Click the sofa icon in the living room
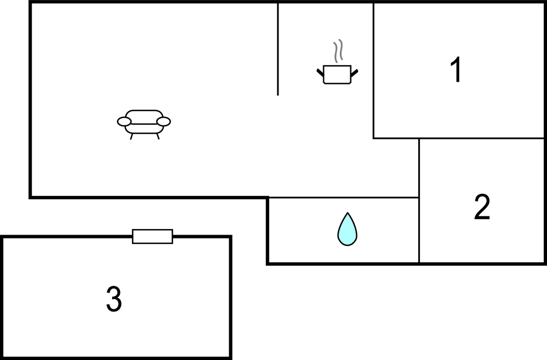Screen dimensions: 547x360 (144, 124)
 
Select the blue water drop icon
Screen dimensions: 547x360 (348, 229)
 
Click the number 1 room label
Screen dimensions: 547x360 (456, 70)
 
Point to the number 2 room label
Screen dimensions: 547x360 (482, 207)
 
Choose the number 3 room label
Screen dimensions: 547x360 (114, 299)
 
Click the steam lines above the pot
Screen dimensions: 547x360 (338, 51)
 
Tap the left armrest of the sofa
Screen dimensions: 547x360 (124, 121)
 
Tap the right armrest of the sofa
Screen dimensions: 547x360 (164, 121)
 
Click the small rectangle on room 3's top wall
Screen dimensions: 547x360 (152, 236)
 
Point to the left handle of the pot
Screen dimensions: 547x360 (320, 72)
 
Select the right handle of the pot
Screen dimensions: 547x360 (354, 72)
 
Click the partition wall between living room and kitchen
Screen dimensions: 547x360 (278, 49)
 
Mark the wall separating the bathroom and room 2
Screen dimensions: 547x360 (419, 230)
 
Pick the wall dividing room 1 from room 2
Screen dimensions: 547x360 (481, 139)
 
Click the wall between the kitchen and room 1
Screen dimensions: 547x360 (374, 70)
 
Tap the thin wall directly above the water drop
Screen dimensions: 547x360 (344, 198)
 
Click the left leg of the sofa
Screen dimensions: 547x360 (132, 136)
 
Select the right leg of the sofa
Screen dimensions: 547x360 (157, 136)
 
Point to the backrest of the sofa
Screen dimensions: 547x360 (144, 111)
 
